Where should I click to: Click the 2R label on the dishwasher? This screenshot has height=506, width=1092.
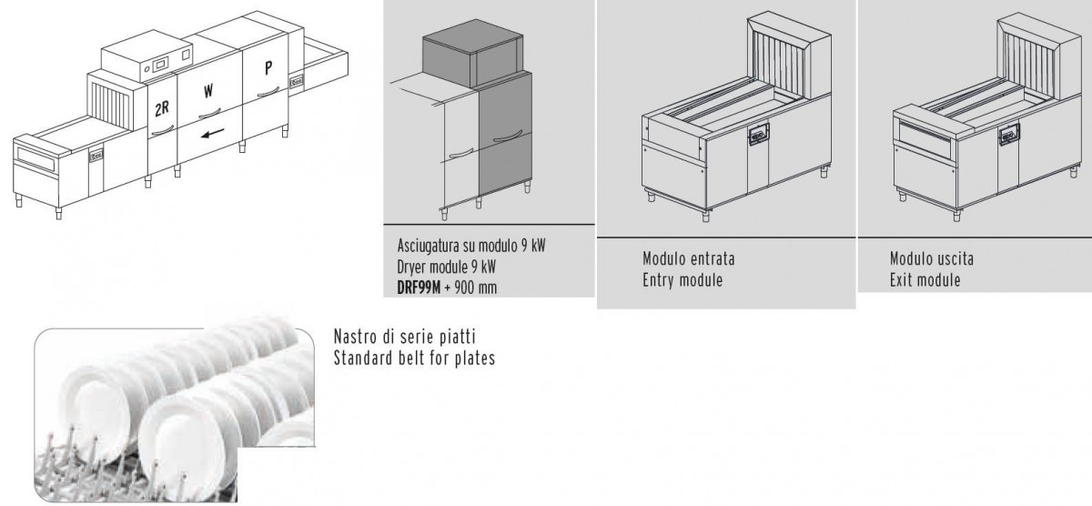click(162, 108)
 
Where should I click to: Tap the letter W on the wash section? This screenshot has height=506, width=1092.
click(208, 91)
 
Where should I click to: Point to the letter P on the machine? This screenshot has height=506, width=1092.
click(268, 67)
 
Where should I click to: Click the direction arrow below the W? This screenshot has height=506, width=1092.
click(213, 133)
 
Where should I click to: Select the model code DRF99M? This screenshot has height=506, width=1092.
click(419, 288)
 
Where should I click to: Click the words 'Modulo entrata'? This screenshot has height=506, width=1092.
click(688, 258)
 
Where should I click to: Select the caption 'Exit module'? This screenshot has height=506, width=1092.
click(925, 279)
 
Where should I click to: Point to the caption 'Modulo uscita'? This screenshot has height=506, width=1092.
click(932, 258)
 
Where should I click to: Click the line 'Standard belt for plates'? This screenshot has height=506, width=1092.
click(414, 358)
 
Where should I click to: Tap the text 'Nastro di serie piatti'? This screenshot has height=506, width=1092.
click(405, 337)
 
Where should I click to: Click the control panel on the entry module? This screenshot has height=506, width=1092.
click(758, 134)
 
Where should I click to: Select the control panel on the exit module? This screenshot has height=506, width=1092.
click(1008, 134)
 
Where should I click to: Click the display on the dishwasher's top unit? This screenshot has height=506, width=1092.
click(160, 66)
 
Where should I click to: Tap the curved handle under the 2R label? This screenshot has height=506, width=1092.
click(163, 131)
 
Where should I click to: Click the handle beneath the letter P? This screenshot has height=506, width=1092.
click(268, 92)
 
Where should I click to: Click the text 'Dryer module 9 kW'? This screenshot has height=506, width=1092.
click(446, 267)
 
